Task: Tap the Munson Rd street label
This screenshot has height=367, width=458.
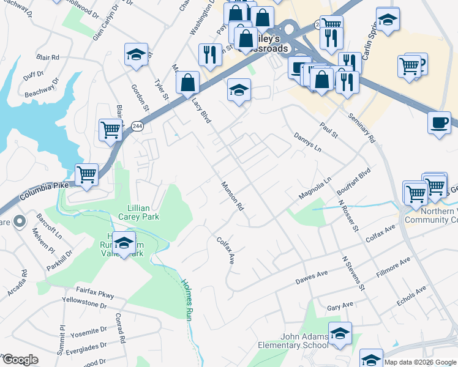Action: tap(233, 196)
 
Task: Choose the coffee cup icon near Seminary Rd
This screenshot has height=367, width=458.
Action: tap(439, 122)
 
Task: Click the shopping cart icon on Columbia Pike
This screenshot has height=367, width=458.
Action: tap(86, 175)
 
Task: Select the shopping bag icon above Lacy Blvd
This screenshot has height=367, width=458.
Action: tap(187, 82)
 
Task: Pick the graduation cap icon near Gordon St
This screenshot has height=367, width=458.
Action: tap(136, 54)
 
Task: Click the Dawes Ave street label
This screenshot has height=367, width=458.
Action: tap(312, 277)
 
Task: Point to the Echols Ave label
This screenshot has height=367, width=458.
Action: tap(411, 297)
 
